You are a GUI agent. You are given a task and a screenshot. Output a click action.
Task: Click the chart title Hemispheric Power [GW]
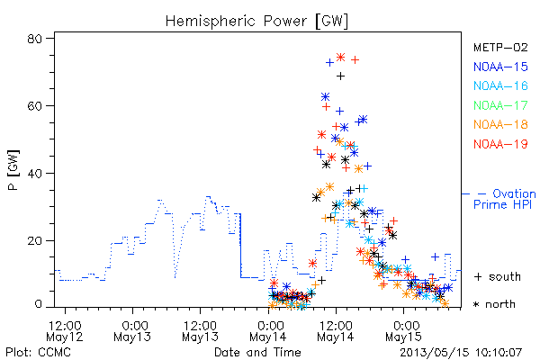256,21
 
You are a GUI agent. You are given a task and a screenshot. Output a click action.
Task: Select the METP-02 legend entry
500,48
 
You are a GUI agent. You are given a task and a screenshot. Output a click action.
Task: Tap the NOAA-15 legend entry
500,67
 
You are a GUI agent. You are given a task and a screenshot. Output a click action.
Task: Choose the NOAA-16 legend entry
500,85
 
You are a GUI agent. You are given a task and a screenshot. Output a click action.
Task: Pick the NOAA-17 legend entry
500,105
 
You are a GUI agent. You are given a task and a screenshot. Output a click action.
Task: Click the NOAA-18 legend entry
500,124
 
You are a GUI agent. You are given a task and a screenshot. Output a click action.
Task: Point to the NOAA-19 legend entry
500,144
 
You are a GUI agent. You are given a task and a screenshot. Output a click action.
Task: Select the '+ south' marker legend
498,276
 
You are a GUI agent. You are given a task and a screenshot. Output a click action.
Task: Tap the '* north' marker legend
494,304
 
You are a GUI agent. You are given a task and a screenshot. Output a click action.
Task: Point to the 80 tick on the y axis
34,38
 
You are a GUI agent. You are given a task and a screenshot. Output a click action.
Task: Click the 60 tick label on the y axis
34,105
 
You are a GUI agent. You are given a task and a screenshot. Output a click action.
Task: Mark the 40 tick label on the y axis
34,173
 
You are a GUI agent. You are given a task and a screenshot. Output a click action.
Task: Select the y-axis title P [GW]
13,170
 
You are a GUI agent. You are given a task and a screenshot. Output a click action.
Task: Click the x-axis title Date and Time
257,352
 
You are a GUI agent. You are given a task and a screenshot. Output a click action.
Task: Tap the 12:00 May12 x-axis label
65,330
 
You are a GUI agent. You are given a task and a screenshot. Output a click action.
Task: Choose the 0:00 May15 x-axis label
403,330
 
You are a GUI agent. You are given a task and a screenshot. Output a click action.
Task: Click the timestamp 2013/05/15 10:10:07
461,353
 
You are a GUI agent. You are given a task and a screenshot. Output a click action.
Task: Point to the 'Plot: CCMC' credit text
38,352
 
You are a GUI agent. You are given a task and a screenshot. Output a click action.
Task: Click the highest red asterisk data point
340,58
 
